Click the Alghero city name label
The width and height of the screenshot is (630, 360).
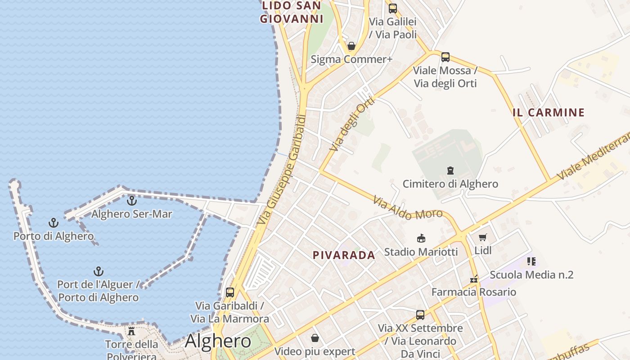pyautogui.click(x=218, y=341)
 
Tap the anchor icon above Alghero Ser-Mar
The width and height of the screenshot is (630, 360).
pyautogui.click(x=131, y=201)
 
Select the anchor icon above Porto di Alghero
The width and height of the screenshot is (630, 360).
pyautogui.click(x=54, y=223)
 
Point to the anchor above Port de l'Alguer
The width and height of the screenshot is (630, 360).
pyautogui.click(x=98, y=271)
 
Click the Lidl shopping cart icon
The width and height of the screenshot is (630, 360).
pyautogui.click(x=483, y=237)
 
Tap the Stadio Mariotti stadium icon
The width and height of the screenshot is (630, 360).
pyautogui.click(x=421, y=238)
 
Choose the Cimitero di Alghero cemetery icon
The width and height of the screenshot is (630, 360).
pyautogui.click(x=450, y=170)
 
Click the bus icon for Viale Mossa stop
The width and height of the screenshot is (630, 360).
pyautogui.click(x=445, y=57)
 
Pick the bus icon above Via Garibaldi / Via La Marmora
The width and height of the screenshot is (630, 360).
pyautogui.click(x=229, y=292)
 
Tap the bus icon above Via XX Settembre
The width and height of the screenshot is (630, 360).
pyautogui.click(x=420, y=315)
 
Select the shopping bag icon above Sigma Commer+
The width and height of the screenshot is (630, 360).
pyautogui.click(x=351, y=46)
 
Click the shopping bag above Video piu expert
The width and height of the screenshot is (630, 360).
pyautogui.click(x=315, y=338)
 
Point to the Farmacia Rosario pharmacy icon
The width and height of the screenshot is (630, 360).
pyautogui.click(x=473, y=279)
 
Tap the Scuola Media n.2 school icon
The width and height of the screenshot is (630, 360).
pyautogui.click(x=531, y=261)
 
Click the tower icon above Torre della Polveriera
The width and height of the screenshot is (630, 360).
pyautogui.click(x=131, y=331)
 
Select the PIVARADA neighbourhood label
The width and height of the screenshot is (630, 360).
pyautogui.click(x=344, y=255)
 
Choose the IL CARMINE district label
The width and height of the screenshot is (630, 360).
pyautogui.click(x=549, y=112)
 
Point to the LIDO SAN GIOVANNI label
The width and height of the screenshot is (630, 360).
pyautogui.click(x=292, y=12)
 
